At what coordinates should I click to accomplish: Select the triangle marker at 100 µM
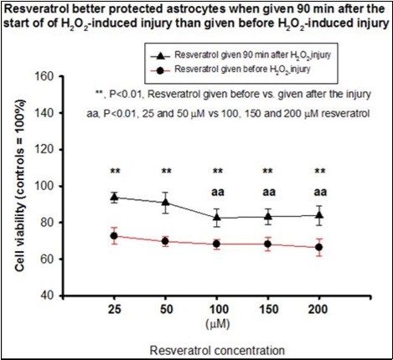218,218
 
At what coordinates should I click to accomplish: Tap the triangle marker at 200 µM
319,215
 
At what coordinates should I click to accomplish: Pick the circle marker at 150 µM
268,244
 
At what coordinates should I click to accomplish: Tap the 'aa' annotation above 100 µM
218,190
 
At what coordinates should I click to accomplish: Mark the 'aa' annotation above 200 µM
319,190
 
